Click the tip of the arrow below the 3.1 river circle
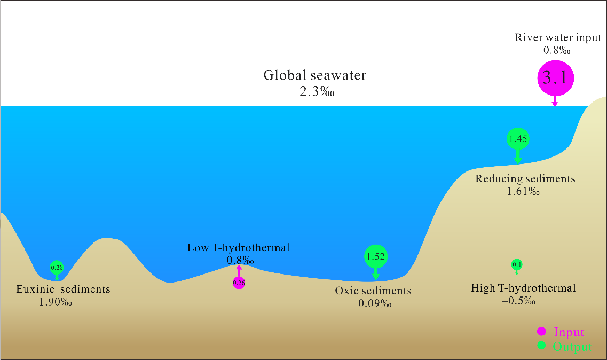click(x=555, y=107)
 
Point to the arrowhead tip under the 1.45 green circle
click(x=517, y=164)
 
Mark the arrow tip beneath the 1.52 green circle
click(x=375, y=280)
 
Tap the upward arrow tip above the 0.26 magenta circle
click(x=239, y=265)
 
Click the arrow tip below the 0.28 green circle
click(x=57, y=281)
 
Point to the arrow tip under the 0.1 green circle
click(x=517, y=275)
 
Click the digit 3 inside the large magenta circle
click(x=547, y=77)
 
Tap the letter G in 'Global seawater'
click(x=269, y=75)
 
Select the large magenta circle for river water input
click(x=556, y=78)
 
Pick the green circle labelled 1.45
click(x=518, y=139)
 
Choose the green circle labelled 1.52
click(x=375, y=256)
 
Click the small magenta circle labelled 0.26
click(x=239, y=283)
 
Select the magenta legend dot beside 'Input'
click(x=541, y=331)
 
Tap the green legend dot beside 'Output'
click(x=541, y=345)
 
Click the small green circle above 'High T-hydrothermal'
click(x=517, y=265)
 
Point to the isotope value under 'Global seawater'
click(x=317, y=91)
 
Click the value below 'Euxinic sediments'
click(x=56, y=302)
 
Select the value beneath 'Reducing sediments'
click(x=523, y=191)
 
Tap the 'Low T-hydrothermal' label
click(x=239, y=248)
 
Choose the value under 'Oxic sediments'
click(x=372, y=303)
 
